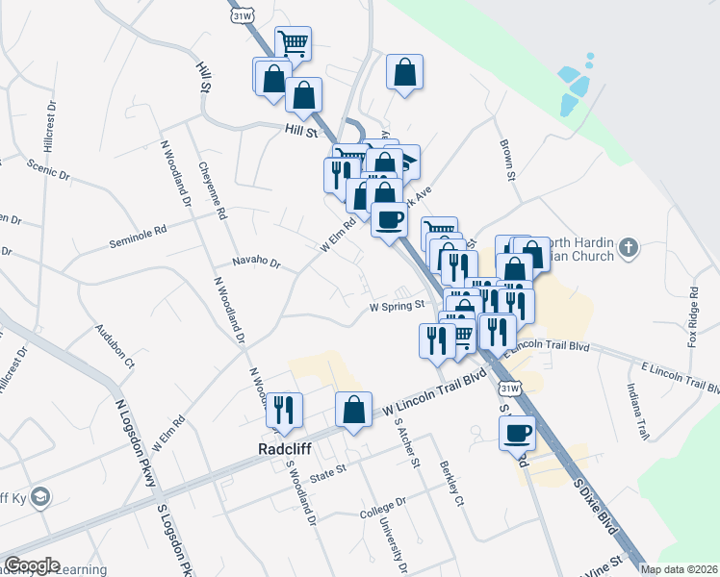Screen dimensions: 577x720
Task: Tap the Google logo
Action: click(33, 565)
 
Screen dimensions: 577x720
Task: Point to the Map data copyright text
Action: click(679, 569)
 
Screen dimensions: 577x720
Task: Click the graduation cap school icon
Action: click(40, 497)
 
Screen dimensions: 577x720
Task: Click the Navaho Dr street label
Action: click(255, 262)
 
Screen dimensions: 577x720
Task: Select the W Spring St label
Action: click(398, 307)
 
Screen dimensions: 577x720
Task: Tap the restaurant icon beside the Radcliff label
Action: click(284, 410)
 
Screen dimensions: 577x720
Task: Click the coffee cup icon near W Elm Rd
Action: click(389, 220)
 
